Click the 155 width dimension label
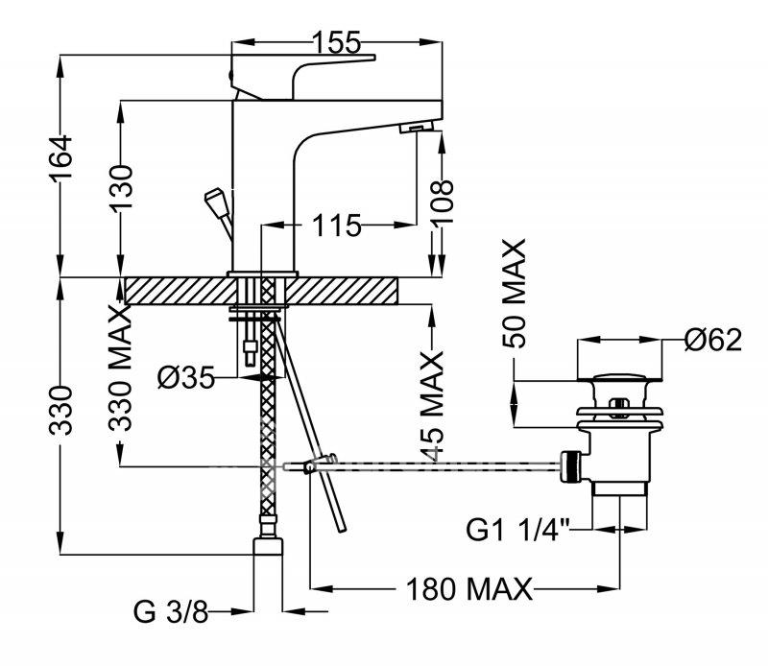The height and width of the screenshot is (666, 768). pos(337,42)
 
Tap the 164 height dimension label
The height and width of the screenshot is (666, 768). pos(60,158)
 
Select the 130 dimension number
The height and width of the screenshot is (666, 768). pos(121,186)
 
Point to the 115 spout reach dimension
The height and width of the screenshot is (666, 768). pos(337,226)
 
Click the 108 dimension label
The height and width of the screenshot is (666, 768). pos(443,202)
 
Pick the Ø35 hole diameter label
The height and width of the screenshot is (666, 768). pos(186,378)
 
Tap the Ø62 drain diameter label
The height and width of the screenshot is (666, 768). pos(713,340)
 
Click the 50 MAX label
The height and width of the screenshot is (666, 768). pos(515,294)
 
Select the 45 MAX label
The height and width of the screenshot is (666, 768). pos(432,406)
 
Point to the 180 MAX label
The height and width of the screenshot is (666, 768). pos(468,589)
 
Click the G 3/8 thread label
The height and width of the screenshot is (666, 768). pos(171,612)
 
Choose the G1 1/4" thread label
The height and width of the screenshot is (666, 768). pos(518,530)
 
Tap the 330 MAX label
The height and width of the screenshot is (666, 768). pos(121,368)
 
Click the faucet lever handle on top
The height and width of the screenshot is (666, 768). pos(302,77)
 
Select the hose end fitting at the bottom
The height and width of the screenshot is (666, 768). pos(268,546)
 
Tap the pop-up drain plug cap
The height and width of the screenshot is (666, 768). pos(619,377)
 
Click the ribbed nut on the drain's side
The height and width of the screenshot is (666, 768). pos(570,465)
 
